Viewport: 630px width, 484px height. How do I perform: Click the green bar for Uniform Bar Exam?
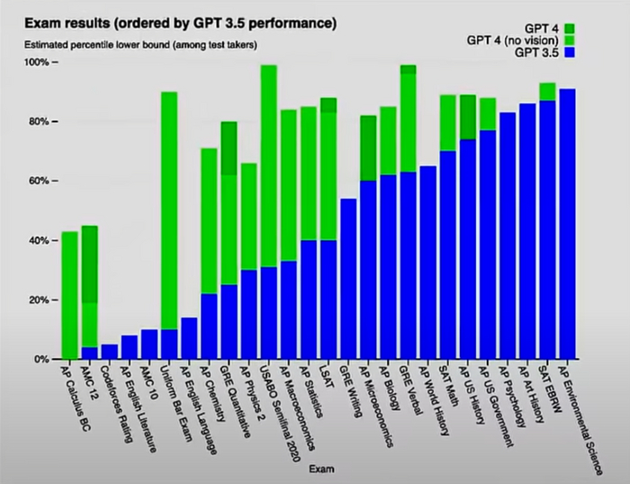(x=168, y=207)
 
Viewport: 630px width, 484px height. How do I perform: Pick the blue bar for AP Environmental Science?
(x=567, y=225)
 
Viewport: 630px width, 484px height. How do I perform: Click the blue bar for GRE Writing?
(x=348, y=279)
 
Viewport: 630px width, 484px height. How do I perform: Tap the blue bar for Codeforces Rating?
(x=110, y=352)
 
